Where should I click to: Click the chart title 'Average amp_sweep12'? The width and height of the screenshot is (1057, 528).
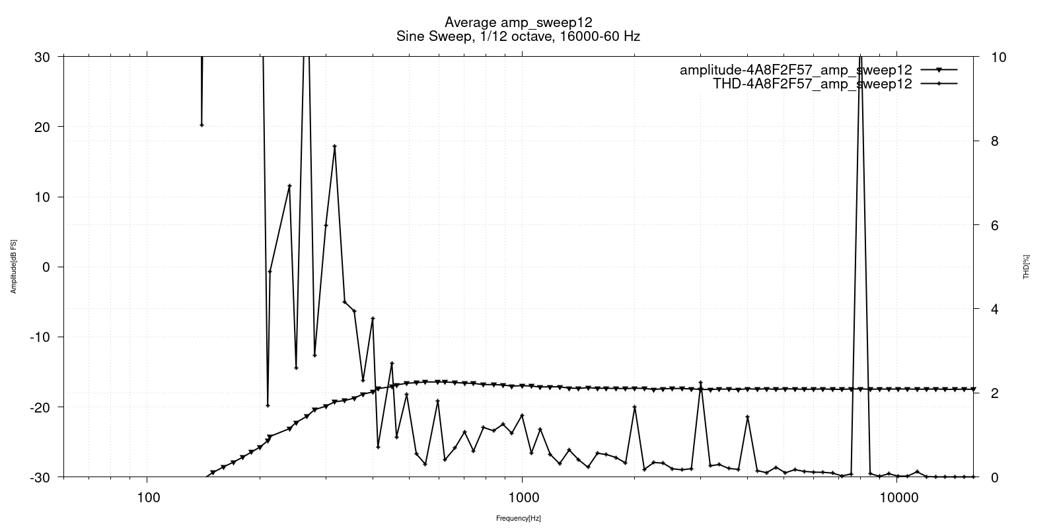point(518,22)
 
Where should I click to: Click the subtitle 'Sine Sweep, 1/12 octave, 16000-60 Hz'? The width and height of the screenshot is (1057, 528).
point(518,36)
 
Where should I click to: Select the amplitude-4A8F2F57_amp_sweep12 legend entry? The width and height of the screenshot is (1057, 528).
point(796,70)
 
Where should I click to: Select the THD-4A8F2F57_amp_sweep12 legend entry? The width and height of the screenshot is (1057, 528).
point(813,84)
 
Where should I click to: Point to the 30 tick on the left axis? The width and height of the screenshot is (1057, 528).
point(42,57)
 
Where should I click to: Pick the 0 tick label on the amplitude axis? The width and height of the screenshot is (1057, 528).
point(46,267)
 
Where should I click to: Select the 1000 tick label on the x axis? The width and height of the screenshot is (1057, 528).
point(522,496)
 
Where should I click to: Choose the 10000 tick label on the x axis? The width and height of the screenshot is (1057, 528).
point(896,496)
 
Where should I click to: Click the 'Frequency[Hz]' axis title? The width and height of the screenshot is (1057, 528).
point(519,519)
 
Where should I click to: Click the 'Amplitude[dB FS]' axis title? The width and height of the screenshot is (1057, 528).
point(13,267)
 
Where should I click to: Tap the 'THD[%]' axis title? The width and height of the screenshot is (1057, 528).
point(1027,267)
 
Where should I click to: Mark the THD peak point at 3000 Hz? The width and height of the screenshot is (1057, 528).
point(700,383)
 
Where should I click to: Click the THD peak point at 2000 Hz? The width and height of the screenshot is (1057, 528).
point(635,407)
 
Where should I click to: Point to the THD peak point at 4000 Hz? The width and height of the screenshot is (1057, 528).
point(747,416)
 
